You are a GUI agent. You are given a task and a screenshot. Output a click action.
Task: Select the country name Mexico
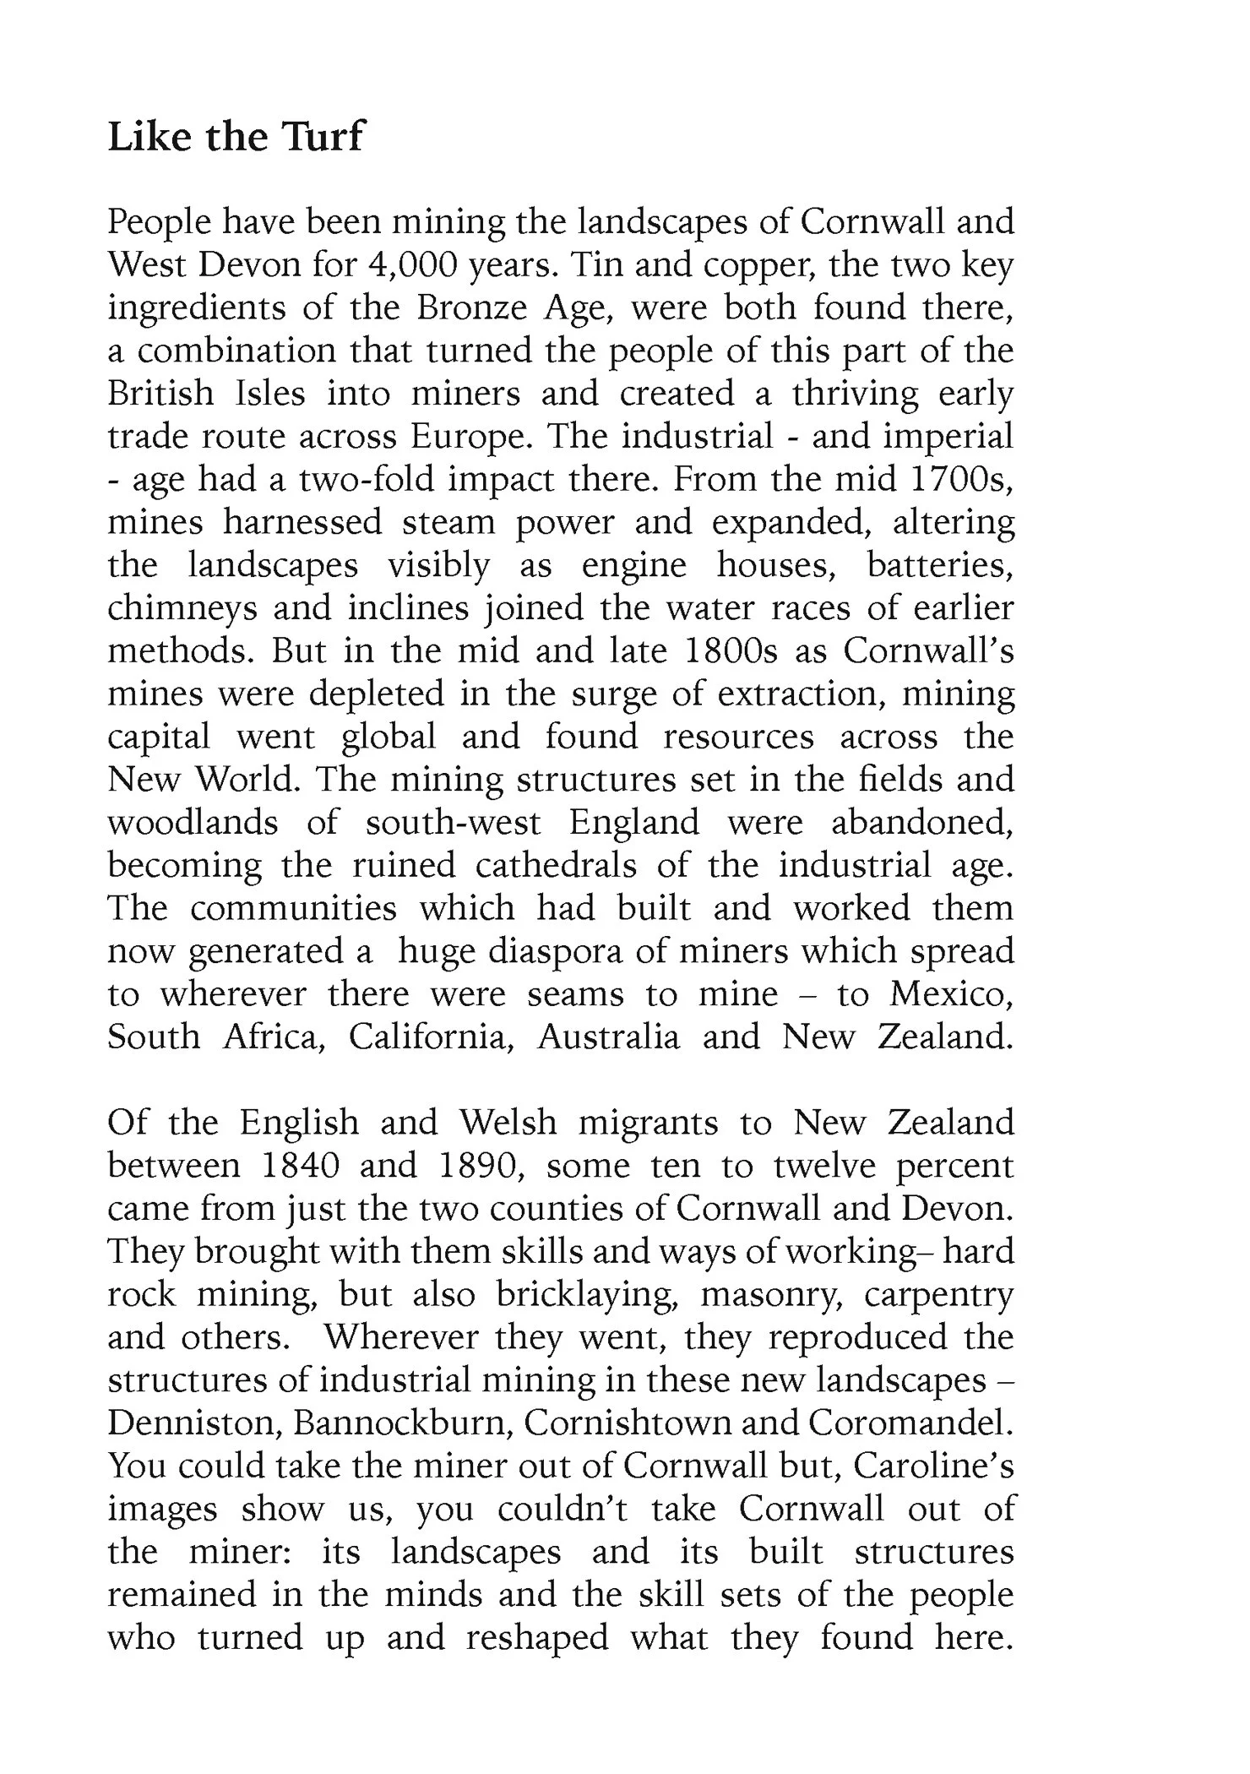(x=951, y=994)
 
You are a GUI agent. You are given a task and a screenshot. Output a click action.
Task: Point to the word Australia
(x=608, y=1037)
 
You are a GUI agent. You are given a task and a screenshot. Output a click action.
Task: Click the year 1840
(x=301, y=1166)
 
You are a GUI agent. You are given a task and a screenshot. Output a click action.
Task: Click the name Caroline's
(x=933, y=1467)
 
